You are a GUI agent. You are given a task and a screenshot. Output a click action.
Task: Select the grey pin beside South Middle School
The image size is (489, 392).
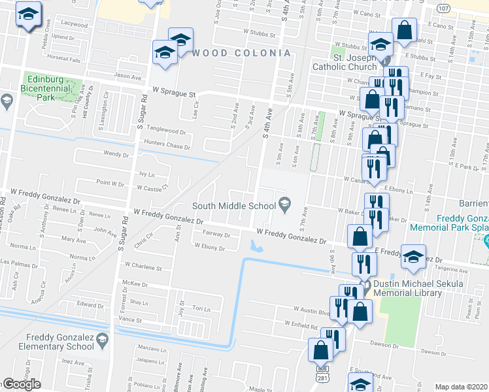point(284,206)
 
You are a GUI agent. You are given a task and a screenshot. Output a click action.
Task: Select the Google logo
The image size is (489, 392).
point(22,384)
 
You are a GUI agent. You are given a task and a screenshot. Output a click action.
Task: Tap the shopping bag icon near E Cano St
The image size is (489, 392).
point(405,29)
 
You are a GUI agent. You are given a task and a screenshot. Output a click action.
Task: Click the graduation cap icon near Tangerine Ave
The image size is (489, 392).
point(413,255)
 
